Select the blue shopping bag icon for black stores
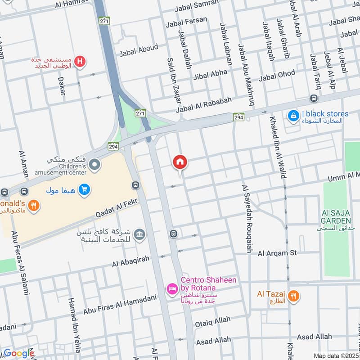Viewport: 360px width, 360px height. (x=293, y=116)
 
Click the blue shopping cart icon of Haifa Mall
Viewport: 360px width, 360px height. (x=84, y=190)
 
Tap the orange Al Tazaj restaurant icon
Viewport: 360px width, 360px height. (x=293, y=296)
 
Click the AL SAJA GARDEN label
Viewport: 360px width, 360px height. (x=336, y=216)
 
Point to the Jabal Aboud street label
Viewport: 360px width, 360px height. (x=139, y=50)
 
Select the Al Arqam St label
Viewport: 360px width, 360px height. (x=277, y=253)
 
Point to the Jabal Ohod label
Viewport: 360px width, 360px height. (x=277, y=74)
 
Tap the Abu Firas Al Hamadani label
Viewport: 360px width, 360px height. (x=120, y=305)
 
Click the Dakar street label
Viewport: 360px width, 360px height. (x=62, y=85)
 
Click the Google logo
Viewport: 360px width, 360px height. (x=19, y=353)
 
